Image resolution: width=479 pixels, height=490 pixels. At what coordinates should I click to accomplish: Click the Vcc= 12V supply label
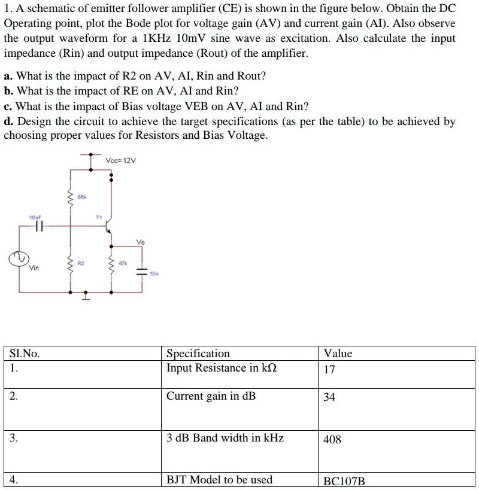(x=121, y=161)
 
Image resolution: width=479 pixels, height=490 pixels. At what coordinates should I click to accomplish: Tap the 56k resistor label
(x=81, y=196)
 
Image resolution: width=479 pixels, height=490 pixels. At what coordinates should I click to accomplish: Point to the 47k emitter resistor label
(x=122, y=263)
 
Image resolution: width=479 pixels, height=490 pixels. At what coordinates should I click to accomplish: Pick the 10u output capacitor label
(x=154, y=273)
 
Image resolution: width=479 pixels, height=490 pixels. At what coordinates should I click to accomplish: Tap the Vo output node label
(x=141, y=242)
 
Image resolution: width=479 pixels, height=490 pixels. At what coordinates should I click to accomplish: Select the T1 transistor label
(x=99, y=217)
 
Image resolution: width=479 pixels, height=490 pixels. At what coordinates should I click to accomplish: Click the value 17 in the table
(x=329, y=370)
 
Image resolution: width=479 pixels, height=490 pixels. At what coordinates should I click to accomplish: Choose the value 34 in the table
(x=329, y=397)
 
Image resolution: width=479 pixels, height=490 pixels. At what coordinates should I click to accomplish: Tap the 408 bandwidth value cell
(x=332, y=440)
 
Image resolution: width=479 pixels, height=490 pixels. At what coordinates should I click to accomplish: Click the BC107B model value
(x=344, y=481)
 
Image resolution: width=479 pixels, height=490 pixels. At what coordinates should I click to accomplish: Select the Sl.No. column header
(x=25, y=354)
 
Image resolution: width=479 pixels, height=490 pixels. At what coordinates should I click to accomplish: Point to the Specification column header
(x=198, y=354)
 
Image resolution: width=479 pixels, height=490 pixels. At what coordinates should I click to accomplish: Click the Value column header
(x=338, y=354)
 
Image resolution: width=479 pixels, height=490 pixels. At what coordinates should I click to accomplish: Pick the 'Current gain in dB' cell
(x=211, y=396)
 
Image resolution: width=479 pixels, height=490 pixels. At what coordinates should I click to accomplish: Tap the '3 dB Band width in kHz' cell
(x=225, y=438)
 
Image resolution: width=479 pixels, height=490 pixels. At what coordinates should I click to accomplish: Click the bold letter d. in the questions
(x=8, y=122)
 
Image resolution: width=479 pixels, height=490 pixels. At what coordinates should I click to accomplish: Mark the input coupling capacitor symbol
(x=40, y=226)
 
